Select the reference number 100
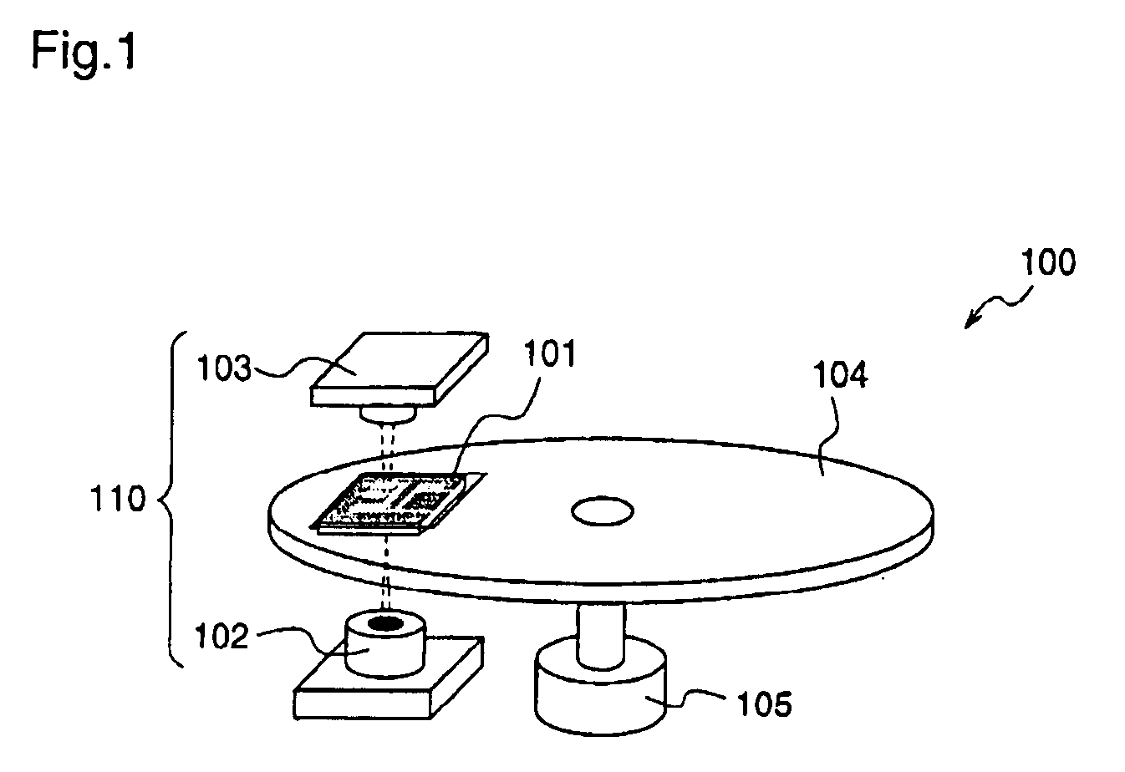[1048, 263]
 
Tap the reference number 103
[223, 368]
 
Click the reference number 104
[842, 377]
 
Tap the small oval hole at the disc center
[602, 510]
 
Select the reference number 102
[221, 637]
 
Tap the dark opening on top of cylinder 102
[385, 622]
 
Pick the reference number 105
[764, 704]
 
